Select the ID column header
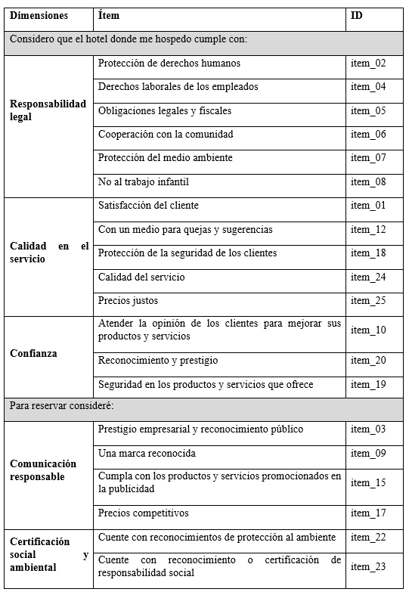[x=357, y=15]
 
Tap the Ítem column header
[x=109, y=15]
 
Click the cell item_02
[x=368, y=64]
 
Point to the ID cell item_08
[x=368, y=181]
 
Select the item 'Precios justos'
[x=129, y=301]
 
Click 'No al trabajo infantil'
[x=144, y=181]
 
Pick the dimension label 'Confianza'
[x=33, y=353]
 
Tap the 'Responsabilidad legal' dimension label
[x=48, y=110]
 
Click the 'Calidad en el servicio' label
[x=48, y=253]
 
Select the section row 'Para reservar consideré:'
[x=62, y=406]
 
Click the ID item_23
[x=368, y=566]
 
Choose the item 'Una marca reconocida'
[x=147, y=453]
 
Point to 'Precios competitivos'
[x=144, y=513]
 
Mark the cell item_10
[x=368, y=330]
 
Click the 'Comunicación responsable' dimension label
[x=43, y=470]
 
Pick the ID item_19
[x=368, y=384]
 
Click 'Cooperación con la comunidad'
[x=166, y=134]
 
